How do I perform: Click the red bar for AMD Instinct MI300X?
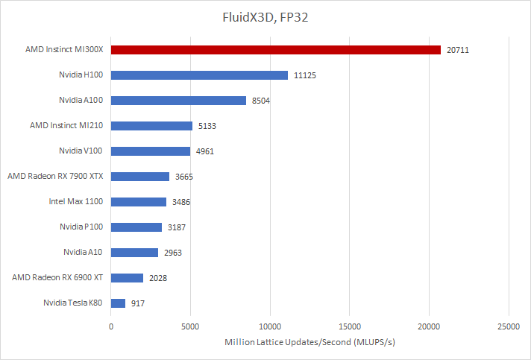click(x=276, y=50)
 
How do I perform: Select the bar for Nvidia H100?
click(x=199, y=75)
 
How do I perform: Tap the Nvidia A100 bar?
click(x=178, y=101)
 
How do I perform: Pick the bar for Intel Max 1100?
click(x=139, y=202)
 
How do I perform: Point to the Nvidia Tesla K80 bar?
click(x=118, y=303)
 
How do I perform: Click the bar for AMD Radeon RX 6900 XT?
click(x=127, y=278)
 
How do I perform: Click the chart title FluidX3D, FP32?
click(x=265, y=16)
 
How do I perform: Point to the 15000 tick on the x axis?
click(x=350, y=325)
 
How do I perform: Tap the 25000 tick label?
click(x=509, y=325)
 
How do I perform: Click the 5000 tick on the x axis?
click(x=190, y=325)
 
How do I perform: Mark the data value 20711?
click(x=458, y=50)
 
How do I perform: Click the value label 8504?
click(x=263, y=101)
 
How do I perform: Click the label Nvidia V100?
click(x=81, y=151)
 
